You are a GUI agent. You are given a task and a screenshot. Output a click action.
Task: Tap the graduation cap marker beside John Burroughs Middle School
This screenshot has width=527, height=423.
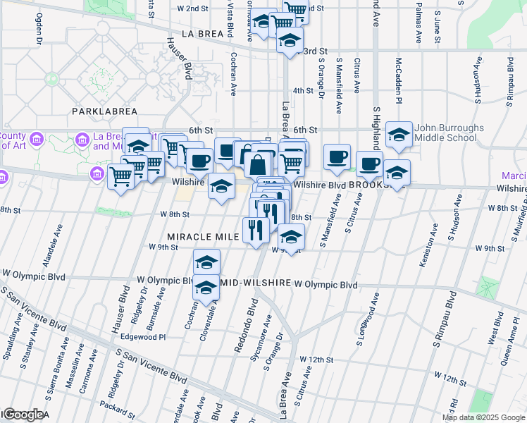399,135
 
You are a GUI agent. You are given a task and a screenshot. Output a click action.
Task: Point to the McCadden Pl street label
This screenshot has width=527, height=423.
398,80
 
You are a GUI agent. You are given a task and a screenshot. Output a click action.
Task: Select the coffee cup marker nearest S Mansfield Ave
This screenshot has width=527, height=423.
337,156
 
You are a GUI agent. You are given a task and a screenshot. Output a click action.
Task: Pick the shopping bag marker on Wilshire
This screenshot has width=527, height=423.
259,165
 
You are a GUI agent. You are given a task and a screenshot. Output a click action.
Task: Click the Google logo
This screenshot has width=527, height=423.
23,415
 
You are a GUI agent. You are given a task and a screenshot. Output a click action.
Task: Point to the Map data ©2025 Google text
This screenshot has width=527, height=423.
484,417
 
